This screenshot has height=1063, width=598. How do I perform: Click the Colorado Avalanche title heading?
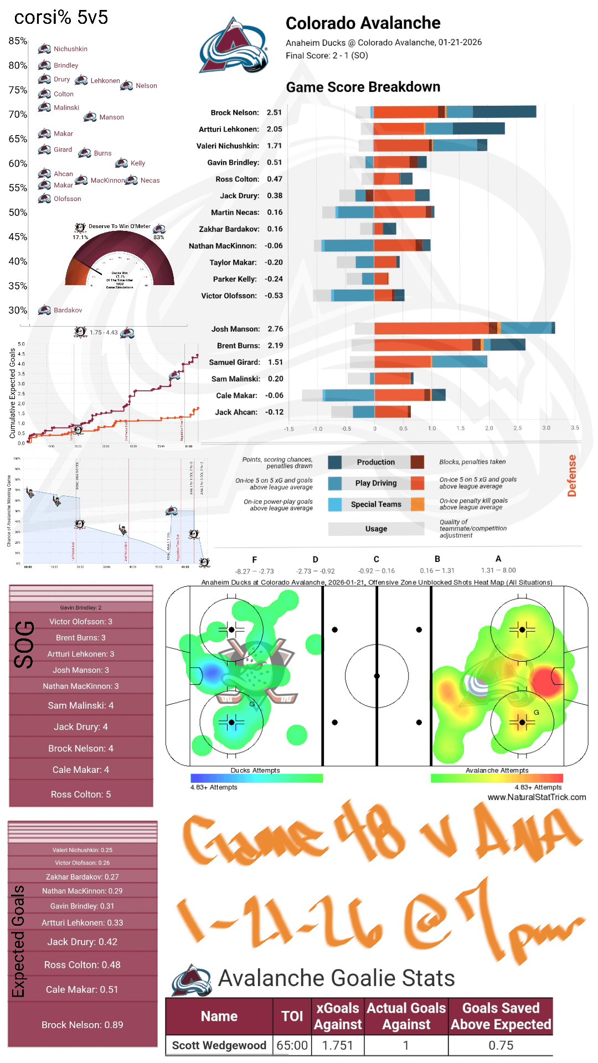(363, 23)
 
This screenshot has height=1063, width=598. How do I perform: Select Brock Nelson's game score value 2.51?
(274, 112)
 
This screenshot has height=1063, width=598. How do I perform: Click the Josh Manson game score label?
(235, 329)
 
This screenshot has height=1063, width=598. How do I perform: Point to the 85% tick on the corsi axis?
(18, 41)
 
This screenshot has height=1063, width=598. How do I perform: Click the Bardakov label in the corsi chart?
(68, 310)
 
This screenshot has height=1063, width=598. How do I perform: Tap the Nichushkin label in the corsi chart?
(70, 49)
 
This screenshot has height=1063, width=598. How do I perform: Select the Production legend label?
(375, 462)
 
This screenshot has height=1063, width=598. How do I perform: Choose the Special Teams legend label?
(375, 504)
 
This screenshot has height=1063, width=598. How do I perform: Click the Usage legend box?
(376, 529)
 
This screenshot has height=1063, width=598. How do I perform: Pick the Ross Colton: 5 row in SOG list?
(81, 794)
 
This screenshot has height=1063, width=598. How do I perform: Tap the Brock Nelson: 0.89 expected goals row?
(83, 1025)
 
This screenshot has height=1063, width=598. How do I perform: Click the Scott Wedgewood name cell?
(219, 1045)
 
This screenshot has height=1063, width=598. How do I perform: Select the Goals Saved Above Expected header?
(501, 1016)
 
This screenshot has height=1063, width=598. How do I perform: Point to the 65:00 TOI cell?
(292, 1045)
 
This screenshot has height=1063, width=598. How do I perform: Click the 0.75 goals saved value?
(501, 1045)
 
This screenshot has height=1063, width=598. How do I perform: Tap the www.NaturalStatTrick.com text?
(537, 797)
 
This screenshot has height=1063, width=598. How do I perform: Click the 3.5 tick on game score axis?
(575, 428)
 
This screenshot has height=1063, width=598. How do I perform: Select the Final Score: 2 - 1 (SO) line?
(327, 55)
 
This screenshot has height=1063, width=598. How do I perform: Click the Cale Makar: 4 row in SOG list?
(81, 770)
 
